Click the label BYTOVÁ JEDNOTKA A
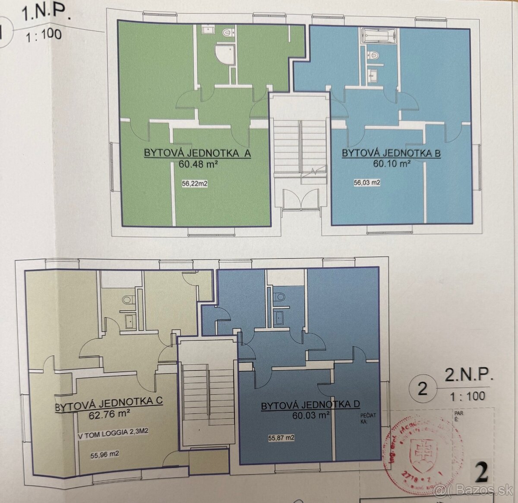(197, 153)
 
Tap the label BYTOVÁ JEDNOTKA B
(391, 153)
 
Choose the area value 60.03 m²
(310, 416)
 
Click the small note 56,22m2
(196, 184)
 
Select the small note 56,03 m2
(367, 183)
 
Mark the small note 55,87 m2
(281, 438)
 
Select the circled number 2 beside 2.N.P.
(423, 388)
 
